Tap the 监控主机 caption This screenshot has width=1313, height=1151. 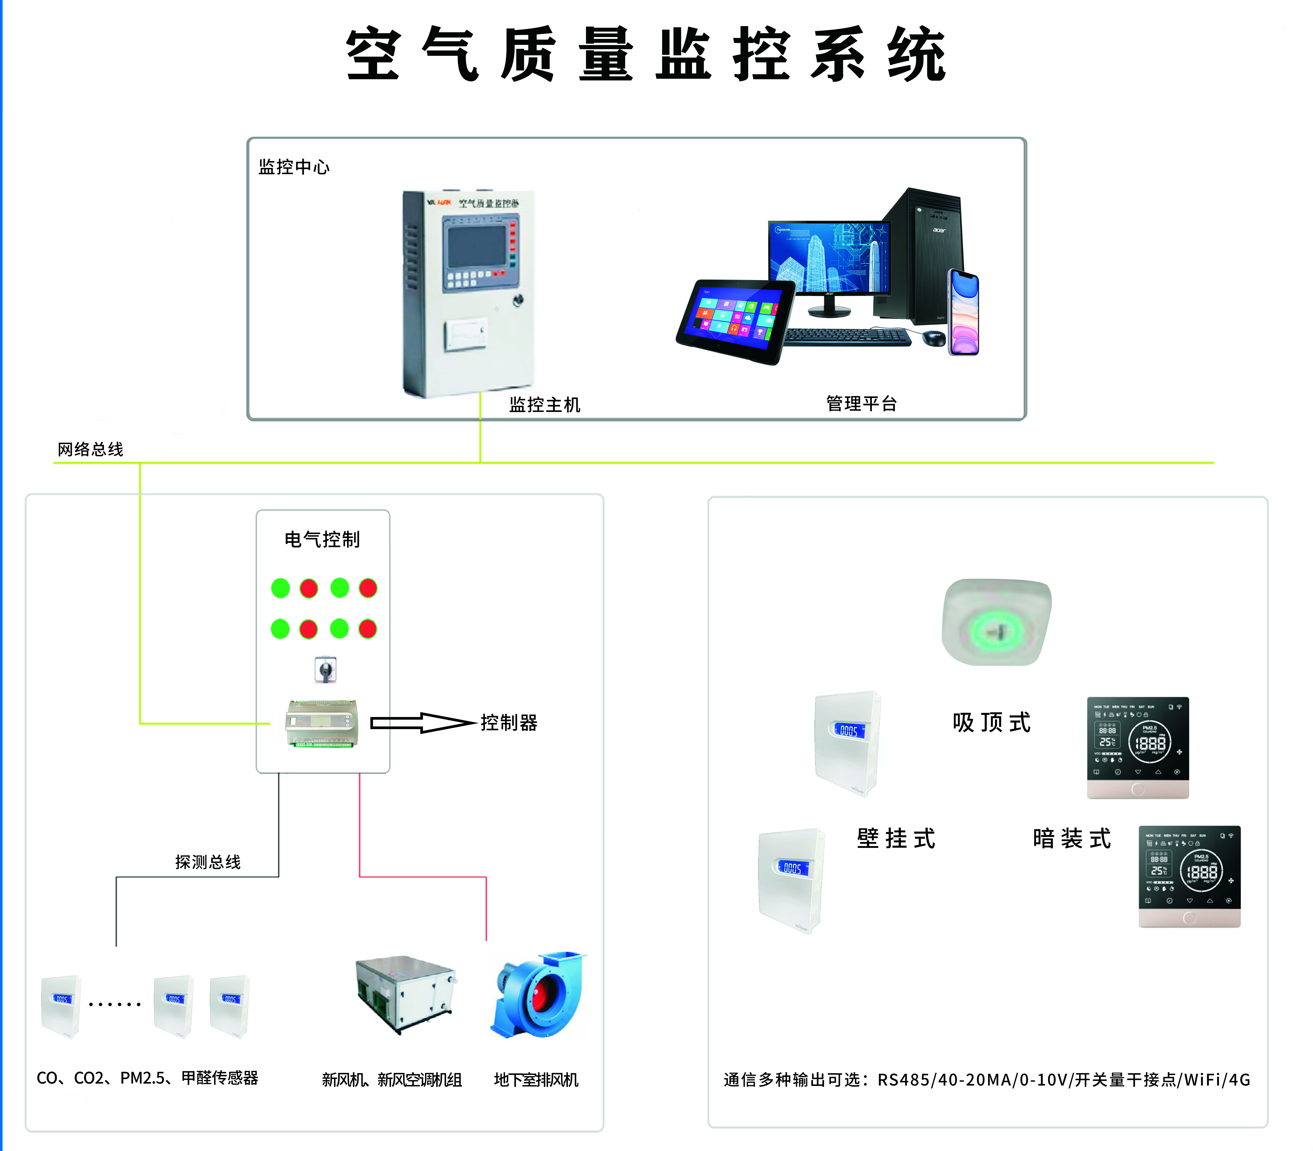544,405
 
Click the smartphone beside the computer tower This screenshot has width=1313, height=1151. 964,313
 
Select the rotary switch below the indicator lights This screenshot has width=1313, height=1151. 325,670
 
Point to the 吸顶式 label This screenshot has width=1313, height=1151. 991,723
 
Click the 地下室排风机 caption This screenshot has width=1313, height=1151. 536,1080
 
